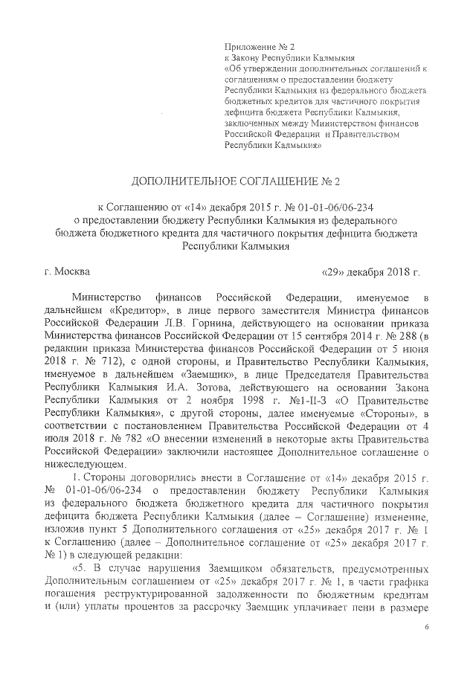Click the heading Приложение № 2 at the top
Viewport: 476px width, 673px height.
tap(255, 47)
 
